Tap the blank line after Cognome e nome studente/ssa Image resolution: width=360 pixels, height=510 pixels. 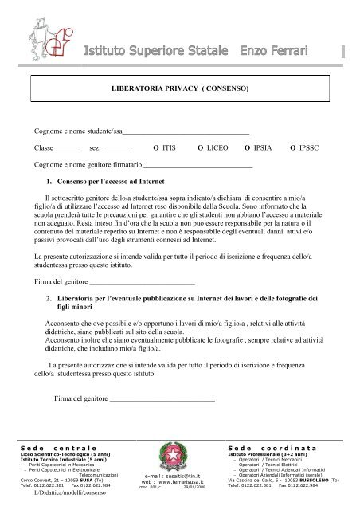(x=186, y=129)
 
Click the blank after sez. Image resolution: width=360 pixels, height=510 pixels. (x=117, y=149)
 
